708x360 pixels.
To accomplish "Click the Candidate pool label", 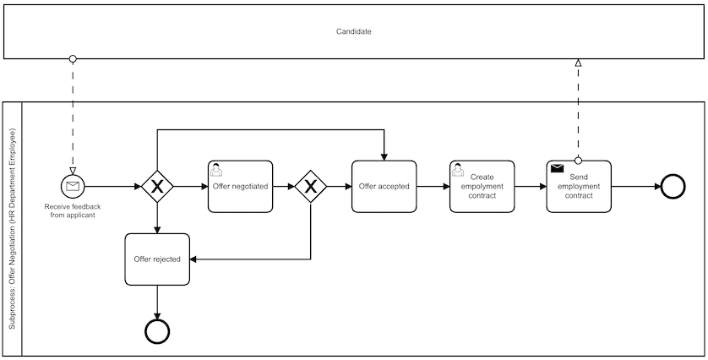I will (353, 31).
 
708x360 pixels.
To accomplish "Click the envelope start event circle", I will (73, 186).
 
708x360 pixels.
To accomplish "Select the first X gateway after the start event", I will (156, 186).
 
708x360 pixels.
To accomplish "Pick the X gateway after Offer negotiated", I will (311, 186).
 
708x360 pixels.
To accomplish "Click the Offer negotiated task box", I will (240, 186).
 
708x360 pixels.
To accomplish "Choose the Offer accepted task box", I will (384, 186).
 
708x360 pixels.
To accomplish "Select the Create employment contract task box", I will (482, 186).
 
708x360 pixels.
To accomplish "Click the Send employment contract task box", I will (579, 186).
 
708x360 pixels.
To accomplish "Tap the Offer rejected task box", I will (157, 259).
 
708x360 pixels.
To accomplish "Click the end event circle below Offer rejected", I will (157, 330).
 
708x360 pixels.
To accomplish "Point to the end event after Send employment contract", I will (673, 186).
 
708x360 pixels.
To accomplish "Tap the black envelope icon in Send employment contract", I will (557, 168).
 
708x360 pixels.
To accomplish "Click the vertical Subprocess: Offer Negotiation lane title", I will (12, 229).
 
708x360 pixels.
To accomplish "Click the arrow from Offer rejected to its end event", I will (157, 301).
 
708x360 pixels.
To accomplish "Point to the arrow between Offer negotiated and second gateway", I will (284, 186).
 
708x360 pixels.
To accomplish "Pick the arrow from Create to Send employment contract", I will (530, 186).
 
